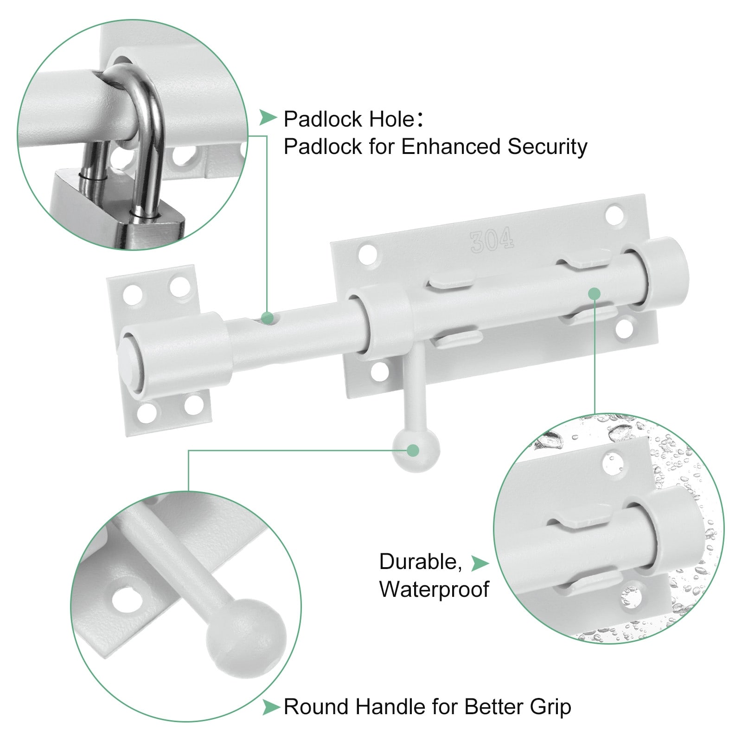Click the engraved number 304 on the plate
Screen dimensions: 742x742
tap(492, 240)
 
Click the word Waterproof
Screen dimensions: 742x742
tap(434, 589)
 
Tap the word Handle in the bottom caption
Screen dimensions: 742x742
tap(391, 707)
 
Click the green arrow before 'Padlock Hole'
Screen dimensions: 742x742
tap(268, 118)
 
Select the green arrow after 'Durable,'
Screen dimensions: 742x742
tap(480, 563)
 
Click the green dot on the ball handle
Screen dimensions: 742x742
tap(413, 450)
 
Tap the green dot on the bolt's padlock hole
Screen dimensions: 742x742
tap(267, 318)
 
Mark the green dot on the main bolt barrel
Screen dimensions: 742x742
tap(594, 294)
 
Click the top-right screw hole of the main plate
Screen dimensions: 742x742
tap(614, 215)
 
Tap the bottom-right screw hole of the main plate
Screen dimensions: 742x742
tap(624, 328)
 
